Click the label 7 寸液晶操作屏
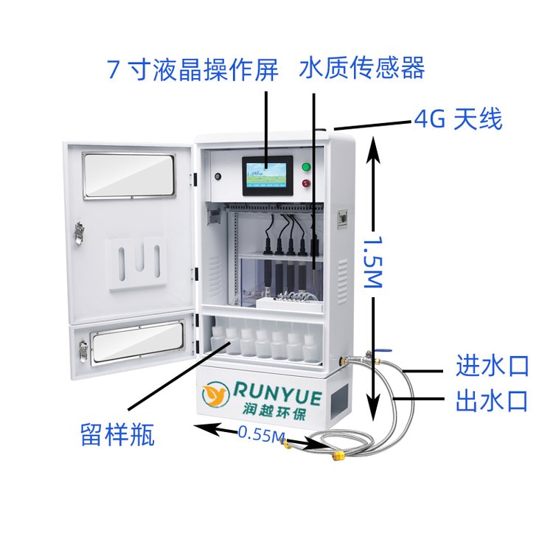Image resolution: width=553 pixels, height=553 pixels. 192,69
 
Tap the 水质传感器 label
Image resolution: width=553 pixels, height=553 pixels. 362,68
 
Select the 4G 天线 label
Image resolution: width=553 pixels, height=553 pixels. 458,119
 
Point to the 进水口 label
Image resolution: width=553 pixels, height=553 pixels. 493,366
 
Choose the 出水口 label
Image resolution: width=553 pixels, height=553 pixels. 492,400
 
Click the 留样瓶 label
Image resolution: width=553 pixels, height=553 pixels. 118,434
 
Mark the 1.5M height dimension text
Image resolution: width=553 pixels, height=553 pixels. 373,262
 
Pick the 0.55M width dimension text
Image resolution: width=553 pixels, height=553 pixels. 261,434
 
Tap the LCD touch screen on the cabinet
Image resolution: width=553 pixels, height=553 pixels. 268,175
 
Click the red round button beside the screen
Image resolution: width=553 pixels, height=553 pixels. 306,183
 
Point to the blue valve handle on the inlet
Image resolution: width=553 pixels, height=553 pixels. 383,350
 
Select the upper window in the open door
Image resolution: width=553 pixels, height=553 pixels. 129,175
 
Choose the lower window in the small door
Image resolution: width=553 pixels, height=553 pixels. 139,341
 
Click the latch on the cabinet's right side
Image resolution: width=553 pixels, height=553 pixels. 342,220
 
